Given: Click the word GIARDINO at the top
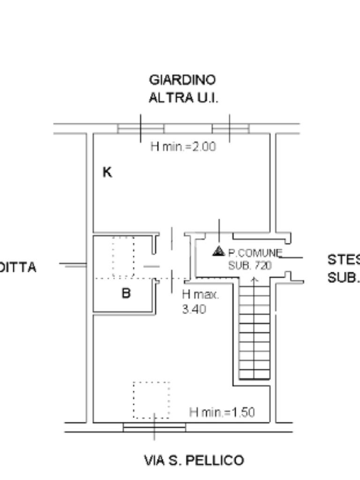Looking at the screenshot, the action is (182, 80).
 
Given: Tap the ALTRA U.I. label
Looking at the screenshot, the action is (183, 97).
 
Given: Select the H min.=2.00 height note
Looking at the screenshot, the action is (183, 146).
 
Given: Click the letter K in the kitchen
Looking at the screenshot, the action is (107, 172).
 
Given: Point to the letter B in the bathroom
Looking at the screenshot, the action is (126, 293).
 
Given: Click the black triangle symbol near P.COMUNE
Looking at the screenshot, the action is (218, 251).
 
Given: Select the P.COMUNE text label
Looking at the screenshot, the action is (255, 253).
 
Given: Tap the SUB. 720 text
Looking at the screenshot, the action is (250, 265).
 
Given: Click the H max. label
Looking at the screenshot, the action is (201, 295).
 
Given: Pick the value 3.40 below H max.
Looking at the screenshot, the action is (194, 309).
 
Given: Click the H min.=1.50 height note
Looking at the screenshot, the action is (222, 412).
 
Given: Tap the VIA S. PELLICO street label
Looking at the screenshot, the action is (194, 460).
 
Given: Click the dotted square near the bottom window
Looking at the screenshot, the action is (151, 400).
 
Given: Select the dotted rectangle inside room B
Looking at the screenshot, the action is (123, 257).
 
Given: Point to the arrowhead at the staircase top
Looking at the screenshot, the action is (255, 280).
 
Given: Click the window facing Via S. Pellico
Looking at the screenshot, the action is (154, 427).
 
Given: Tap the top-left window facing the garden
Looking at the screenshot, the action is (141, 128).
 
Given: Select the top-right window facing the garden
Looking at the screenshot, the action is (230, 128).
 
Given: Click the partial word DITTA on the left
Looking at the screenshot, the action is (18, 268).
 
